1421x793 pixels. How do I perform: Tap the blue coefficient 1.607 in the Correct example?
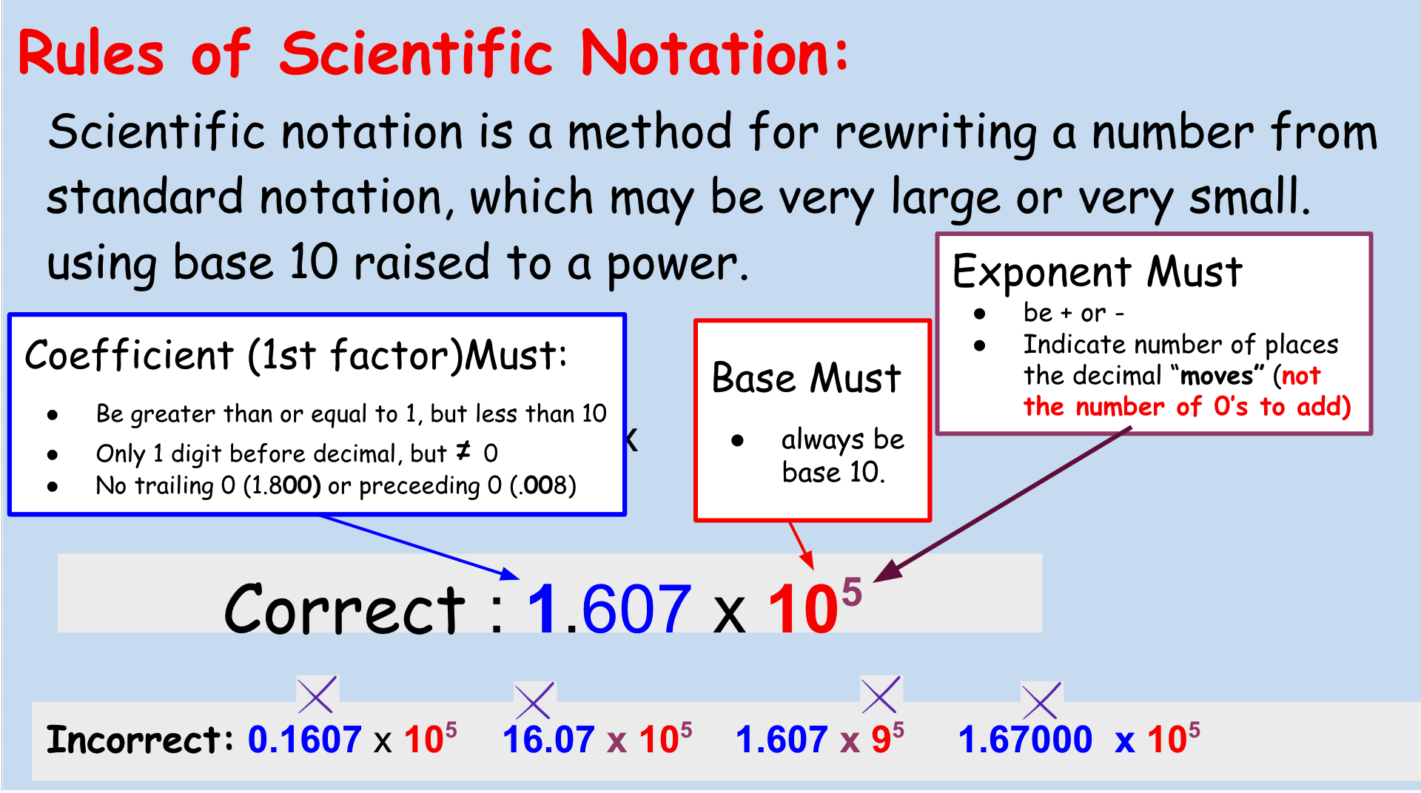[x=609, y=609]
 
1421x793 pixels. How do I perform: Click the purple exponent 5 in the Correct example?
[x=852, y=592]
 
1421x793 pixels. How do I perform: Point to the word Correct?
[x=344, y=609]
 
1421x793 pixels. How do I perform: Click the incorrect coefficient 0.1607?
[x=304, y=739]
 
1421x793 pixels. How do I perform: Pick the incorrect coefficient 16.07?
[x=548, y=739]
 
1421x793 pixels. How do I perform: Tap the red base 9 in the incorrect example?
[x=881, y=740]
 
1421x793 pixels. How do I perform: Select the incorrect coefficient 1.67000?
[x=1025, y=739]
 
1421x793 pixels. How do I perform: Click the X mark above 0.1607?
[x=317, y=695]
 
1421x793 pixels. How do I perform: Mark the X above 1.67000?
[x=1041, y=701]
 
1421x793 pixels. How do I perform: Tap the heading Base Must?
[x=806, y=378]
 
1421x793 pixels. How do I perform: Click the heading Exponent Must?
[x=1097, y=271]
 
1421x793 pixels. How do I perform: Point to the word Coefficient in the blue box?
[x=130, y=355]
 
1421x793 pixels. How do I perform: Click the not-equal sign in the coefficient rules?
[x=463, y=451]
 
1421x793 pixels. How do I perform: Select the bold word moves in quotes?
[x=1217, y=376]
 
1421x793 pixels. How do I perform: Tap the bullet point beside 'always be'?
[x=737, y=441]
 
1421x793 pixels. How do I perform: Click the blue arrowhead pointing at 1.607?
[x=511, y=575]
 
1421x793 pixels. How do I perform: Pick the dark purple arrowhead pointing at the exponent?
[x=887, y=570]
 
